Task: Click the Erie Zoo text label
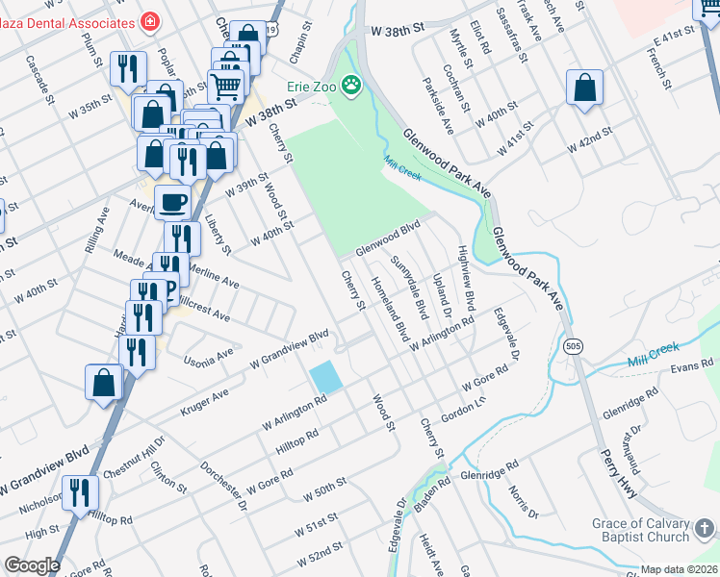pos(310,86)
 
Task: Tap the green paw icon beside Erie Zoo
pos(352,86)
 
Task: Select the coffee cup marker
pos(173,203)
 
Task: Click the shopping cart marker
pos(227,86)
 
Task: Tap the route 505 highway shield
pos(574,346)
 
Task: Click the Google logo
pos(32,565)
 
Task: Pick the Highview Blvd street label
pos(466,281)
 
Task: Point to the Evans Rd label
pos(691,366)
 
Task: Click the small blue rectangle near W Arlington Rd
pos(326,376)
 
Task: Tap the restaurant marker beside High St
pos(80,493)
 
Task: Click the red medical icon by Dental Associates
pos(150,19)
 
